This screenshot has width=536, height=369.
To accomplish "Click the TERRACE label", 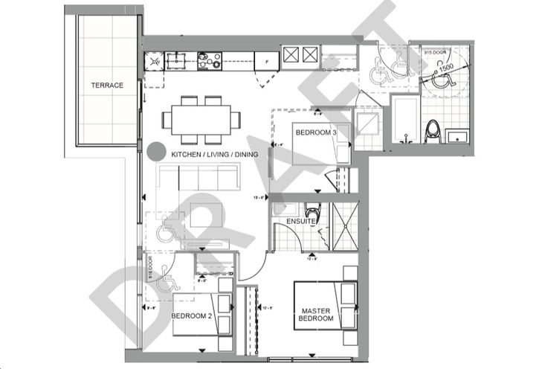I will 108,86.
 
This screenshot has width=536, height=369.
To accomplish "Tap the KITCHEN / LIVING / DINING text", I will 216,154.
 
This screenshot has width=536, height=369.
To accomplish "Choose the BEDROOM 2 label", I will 193,315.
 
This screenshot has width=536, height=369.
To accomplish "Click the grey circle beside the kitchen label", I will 156,152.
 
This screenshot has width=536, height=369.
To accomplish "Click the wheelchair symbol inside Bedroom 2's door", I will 169,282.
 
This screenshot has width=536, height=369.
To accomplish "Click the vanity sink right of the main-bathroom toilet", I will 458,135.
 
